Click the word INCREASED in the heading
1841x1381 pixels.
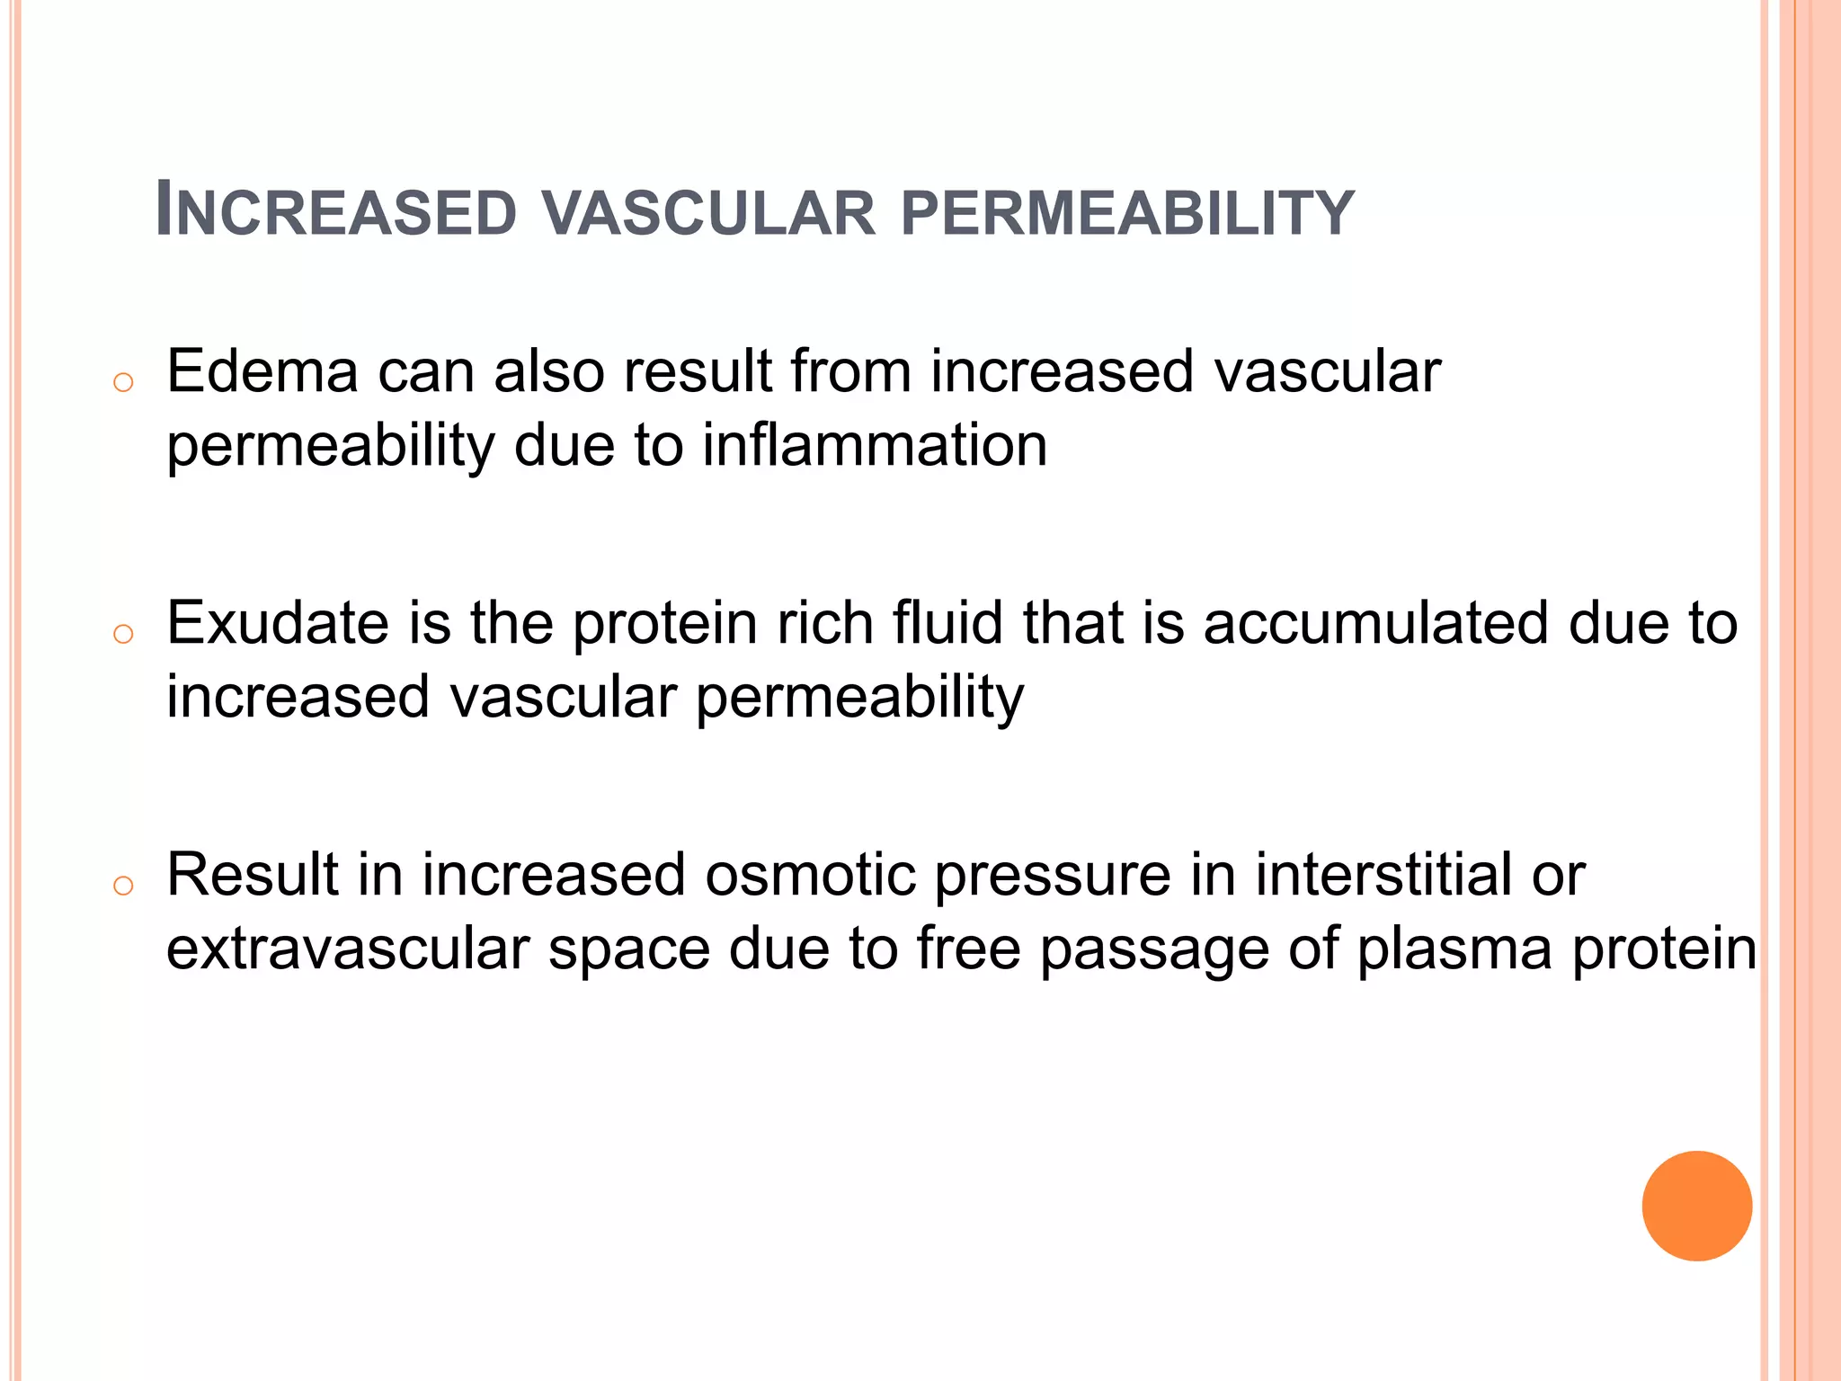(x=336, y=212)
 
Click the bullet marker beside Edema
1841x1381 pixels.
(x=123, y=383)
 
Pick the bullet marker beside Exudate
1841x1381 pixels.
(x=123, y=635)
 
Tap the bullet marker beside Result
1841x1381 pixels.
(x=123, y=887)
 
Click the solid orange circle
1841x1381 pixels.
(x=1696, y=1206)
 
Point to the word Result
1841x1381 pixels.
(x=253, y=875)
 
